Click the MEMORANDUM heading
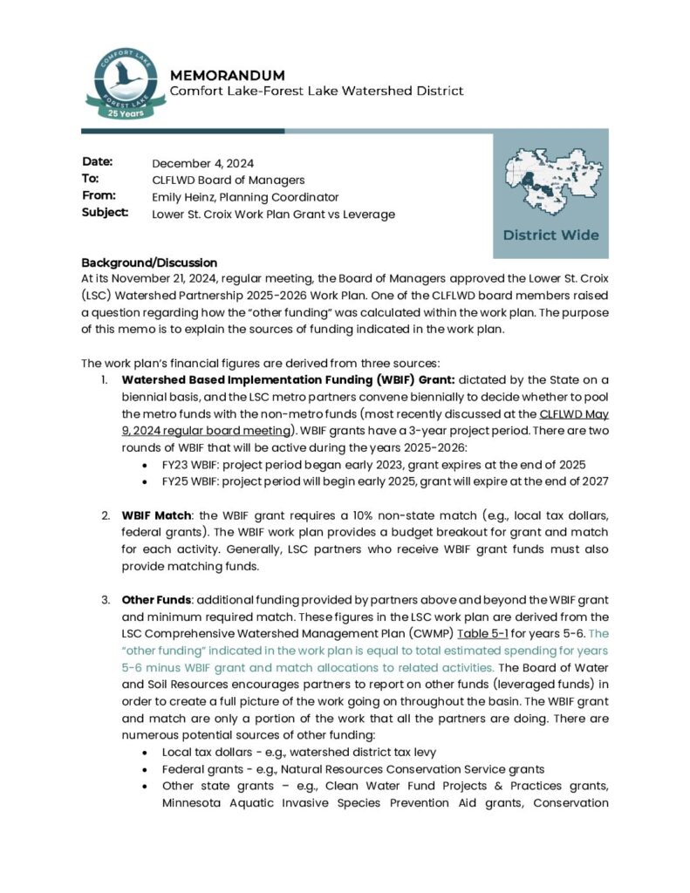coord(227,75)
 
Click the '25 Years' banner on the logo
coord(121,112)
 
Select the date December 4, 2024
coord(202,164)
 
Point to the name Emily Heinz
coord(184,197)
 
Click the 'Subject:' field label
coord(105,212)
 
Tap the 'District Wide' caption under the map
coord(550,235)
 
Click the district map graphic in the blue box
coord(550,184)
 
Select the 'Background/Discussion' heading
coord(148,263)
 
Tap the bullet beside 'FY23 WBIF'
coord(145,465)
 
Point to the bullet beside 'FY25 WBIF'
coord(145,481)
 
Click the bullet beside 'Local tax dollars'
coord(145,752)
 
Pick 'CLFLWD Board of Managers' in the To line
coord(228,181)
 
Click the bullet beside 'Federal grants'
coord(145,769)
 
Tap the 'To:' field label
coord(90,179)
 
